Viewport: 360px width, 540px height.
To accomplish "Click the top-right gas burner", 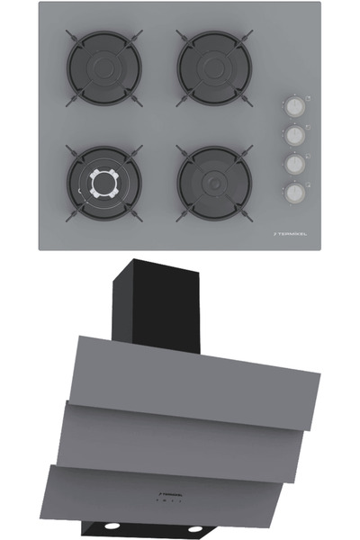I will click(x=213, y=67).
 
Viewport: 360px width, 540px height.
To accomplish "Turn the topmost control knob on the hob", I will click(x=293, y=106).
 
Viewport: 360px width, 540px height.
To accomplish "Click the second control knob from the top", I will click(x=293, y=135).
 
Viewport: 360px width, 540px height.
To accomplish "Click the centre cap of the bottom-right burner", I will click(x=213, y=183).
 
